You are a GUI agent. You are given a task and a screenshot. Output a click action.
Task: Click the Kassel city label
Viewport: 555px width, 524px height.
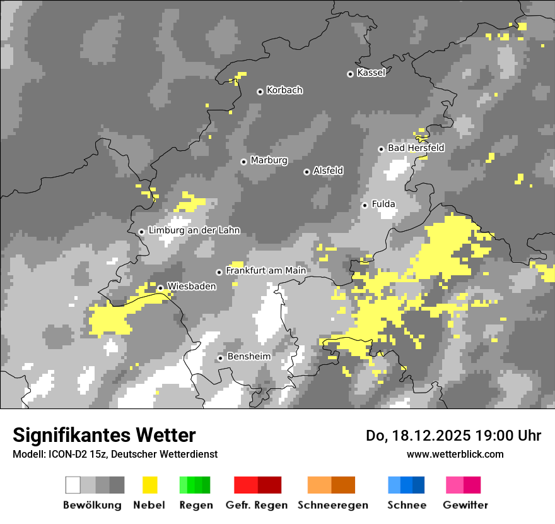point(371,73)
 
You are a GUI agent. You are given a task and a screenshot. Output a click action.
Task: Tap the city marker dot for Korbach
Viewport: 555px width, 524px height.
point(260,92)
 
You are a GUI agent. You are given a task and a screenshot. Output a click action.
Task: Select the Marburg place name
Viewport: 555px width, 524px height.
point(269,160)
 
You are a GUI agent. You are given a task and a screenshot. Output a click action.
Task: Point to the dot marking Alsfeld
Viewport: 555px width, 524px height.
point(307,172)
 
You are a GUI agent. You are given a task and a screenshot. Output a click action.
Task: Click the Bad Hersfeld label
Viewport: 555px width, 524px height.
point(416,148)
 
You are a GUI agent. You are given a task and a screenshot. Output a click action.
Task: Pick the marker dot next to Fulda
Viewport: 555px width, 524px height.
point(365,205)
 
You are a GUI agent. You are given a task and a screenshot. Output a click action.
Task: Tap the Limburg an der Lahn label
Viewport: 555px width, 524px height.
point(194,231)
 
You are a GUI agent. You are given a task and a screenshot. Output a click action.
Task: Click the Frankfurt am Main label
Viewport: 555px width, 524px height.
point(266,271)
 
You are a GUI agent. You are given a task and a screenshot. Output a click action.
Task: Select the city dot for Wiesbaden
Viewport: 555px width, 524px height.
point(160,288)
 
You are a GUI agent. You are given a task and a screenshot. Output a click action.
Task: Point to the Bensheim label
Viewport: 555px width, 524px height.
point(248,357)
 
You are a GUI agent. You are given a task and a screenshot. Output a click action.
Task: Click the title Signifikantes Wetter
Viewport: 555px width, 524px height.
point(104,436)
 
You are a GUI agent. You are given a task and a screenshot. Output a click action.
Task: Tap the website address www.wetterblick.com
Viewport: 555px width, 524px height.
point(455,454)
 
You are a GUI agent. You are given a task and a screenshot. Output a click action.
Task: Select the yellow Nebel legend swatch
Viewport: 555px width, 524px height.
point(150,485)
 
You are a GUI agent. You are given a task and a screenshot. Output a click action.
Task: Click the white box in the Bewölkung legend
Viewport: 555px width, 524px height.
point(73,485)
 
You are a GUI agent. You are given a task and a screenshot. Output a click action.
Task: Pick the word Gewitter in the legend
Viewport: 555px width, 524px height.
point(465,505)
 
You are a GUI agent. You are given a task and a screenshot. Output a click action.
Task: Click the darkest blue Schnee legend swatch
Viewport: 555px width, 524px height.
point(419,485)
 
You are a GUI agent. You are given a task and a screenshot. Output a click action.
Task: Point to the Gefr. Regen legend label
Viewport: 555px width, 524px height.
point(257,505)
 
